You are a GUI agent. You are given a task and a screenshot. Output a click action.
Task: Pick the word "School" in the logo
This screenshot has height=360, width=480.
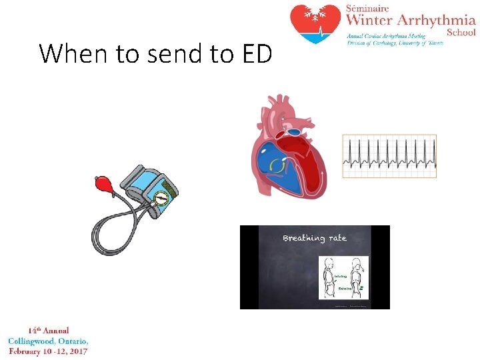pos(461,32)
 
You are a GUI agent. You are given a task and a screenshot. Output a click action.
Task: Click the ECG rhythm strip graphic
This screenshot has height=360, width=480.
pos(389,156)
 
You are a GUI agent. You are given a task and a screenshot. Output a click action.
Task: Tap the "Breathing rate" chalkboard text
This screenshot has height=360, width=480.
pos(315,238)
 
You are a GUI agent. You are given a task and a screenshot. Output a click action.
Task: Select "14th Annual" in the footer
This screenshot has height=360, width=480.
pos(48,331)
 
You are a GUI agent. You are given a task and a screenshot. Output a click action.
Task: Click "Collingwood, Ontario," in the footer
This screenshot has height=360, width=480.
pos(48,341)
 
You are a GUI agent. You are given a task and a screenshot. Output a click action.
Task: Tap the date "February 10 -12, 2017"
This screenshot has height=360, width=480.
pos(48,351)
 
